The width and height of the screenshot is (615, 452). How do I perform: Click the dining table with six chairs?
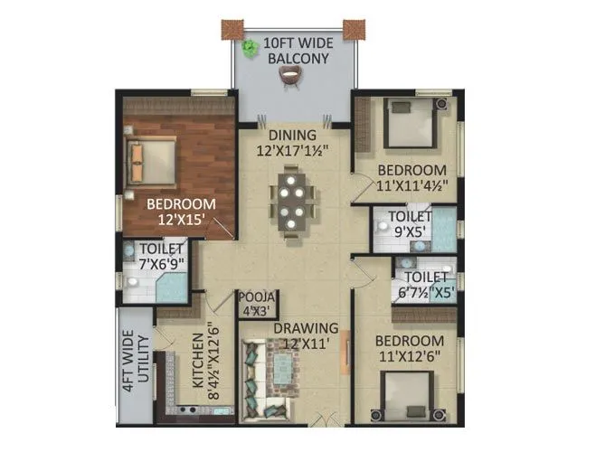point(294,202)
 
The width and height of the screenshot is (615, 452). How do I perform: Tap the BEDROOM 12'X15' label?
point(181,211)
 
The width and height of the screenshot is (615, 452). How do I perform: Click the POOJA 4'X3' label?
point(258,304)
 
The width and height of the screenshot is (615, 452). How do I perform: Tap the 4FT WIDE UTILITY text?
point(133,361)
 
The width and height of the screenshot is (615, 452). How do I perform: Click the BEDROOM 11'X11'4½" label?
point(412,178)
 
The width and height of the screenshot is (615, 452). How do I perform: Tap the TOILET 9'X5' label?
point(409,223)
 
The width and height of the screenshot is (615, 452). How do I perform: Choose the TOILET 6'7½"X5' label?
point(423,285)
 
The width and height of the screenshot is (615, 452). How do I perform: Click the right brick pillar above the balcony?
point(353,28)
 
